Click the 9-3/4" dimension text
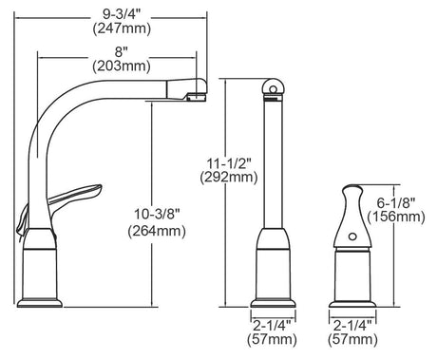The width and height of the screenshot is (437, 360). tap(122, 14)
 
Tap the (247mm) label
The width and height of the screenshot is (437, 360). tap(122, 28)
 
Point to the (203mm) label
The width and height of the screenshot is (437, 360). tap(122, 66)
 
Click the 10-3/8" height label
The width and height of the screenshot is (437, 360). tap(157, 214)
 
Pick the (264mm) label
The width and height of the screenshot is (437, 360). tap(157, 231)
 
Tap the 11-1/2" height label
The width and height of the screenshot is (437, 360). tap(229, 163)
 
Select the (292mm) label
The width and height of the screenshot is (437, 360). tap(229, 178)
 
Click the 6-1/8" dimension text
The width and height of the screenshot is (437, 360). tap(396, 202)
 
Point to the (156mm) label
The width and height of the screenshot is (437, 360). tap(396, 217)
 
